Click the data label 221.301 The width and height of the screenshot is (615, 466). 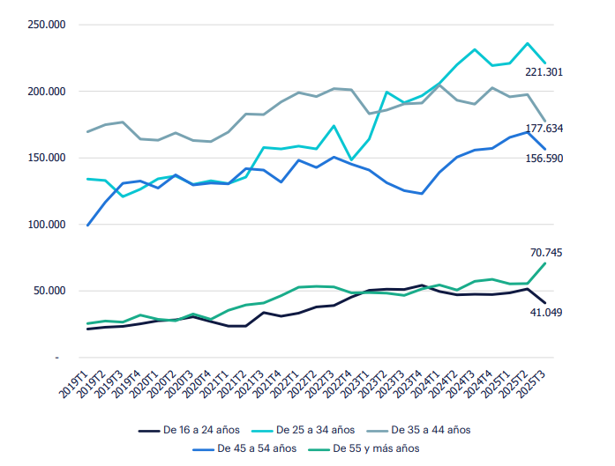tap(569, 73)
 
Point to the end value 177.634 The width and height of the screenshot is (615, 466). tap(569, 129)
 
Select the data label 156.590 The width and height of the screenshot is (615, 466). tap(569, 159)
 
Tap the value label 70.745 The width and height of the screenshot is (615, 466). tap(569, 253)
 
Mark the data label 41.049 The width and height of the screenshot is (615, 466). tap(569, 313)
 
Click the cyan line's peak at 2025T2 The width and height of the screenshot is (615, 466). tap(528, 43)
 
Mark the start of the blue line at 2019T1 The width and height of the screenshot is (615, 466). tap(87, 226)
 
